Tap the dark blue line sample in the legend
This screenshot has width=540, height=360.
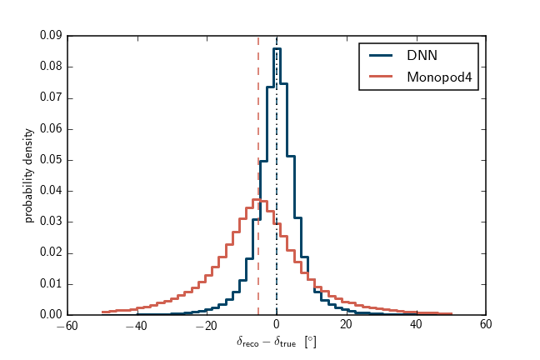(382, 56)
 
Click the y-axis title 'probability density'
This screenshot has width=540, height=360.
(28, 175)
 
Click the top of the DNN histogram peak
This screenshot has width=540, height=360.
(277, 48)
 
